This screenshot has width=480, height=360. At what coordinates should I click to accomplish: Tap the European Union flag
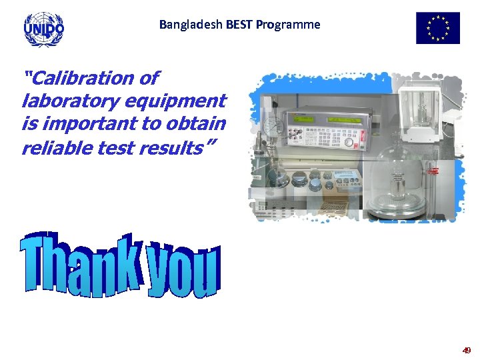tap(437, 28)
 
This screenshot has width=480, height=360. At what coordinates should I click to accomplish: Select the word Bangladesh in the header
tap(190, 25)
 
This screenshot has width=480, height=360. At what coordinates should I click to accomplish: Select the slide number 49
tap(467, 350)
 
